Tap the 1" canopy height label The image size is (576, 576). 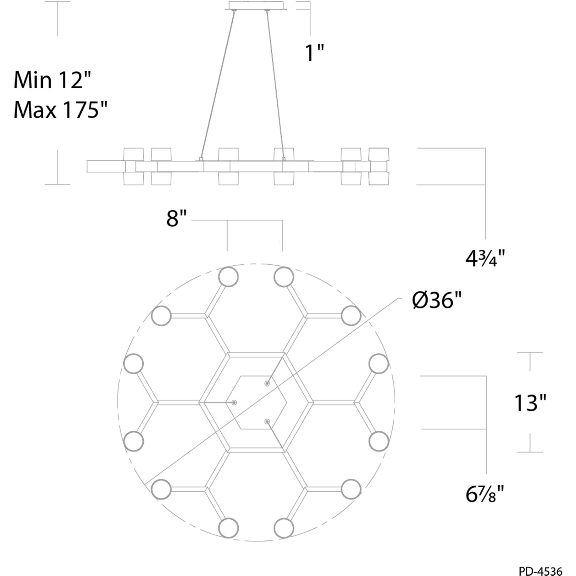pos(314,53)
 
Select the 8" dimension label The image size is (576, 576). pos(176,219)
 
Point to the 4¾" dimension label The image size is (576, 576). pos(485,259)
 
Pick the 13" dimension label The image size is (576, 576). pos(530,403)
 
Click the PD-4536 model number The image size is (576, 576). pos(540,570)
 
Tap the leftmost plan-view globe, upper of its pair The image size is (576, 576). pos(134,363)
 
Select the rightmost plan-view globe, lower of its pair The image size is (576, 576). pos(379,441)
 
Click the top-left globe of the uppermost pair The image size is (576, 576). pos(229,277)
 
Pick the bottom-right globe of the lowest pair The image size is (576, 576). pos(284,528)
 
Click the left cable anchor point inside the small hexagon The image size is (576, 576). pos(234,402)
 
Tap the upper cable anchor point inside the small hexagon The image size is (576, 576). pos(267,383)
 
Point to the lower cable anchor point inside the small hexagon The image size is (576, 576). pos(267,421)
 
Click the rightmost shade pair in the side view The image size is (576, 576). pos(379,166)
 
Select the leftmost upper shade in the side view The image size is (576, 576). pos(134,154)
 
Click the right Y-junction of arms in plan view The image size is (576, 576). pos(357,402)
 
